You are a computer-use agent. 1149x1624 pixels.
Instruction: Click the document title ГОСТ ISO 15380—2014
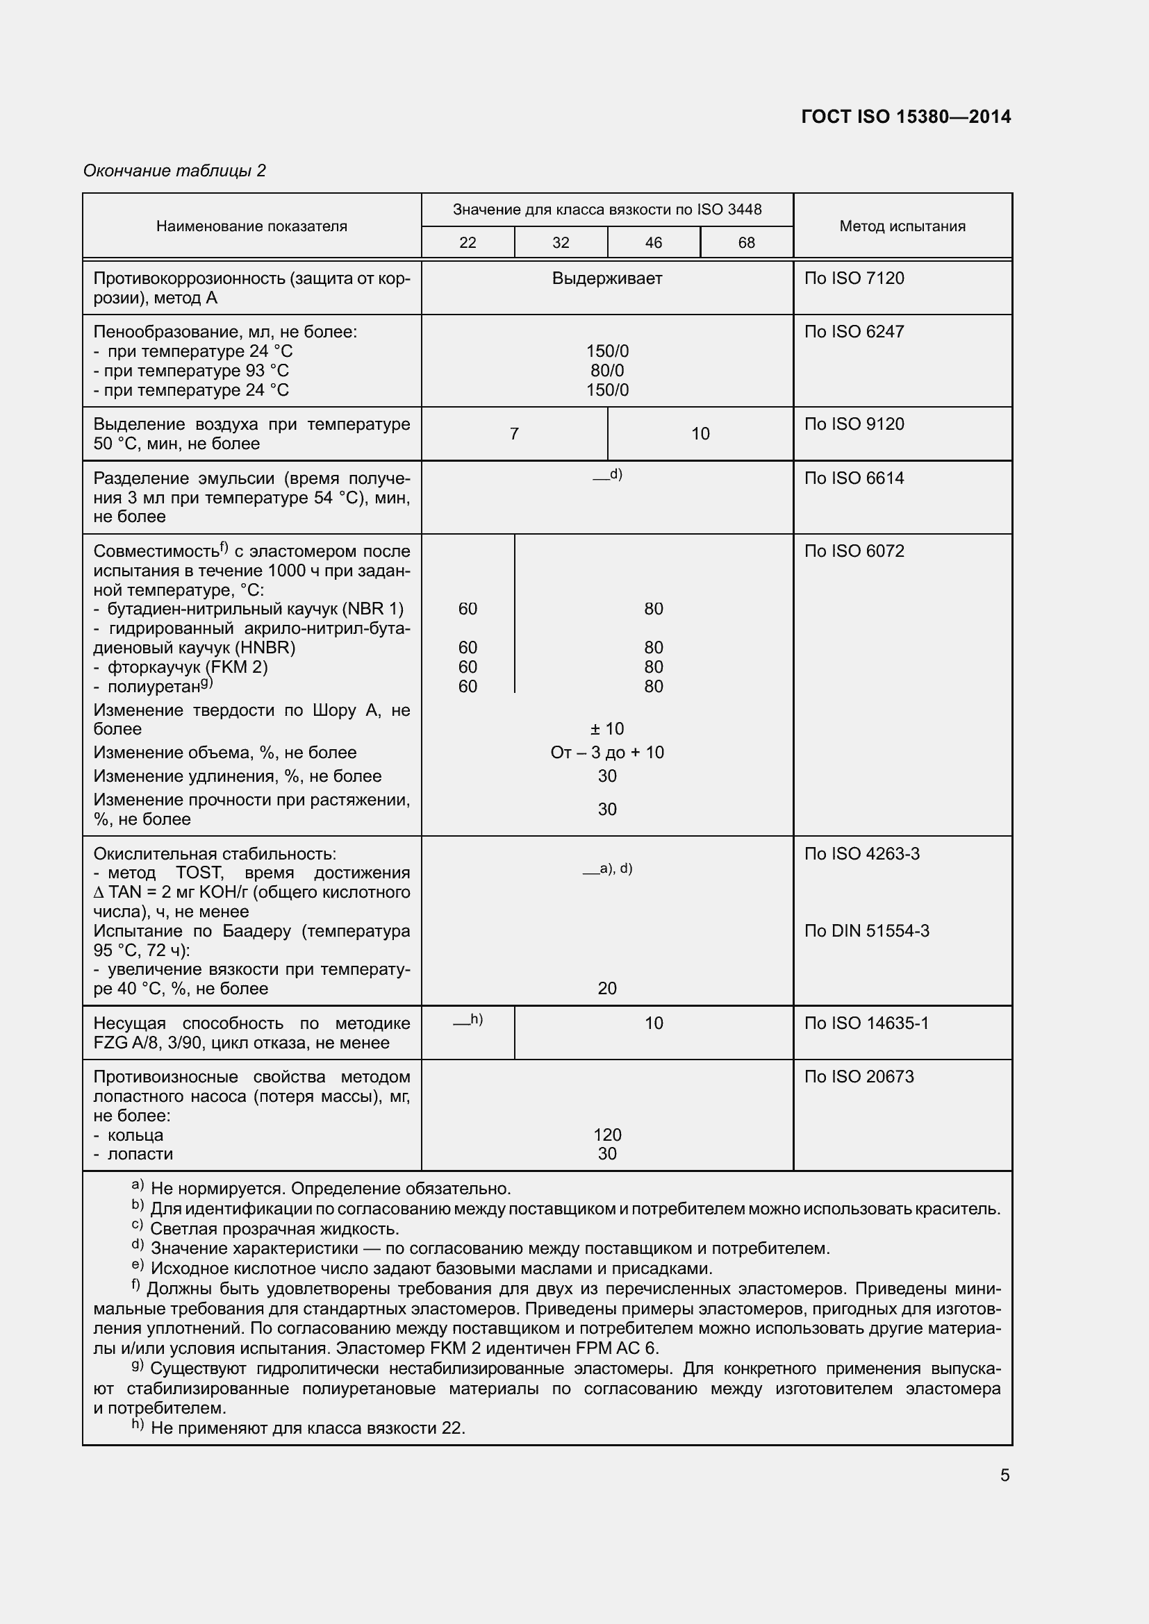point(906,117)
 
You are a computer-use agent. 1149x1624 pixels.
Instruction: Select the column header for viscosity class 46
point(653,242)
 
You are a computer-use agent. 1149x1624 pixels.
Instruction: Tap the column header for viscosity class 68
point(745,242)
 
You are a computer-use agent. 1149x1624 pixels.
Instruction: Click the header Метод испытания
point(902,226)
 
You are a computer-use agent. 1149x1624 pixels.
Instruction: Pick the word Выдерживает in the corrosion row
point(607,278)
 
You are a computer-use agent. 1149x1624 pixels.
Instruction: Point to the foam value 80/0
point(607,371)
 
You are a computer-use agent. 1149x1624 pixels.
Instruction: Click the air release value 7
point(514,433)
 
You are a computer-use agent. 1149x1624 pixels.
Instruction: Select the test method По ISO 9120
point(854,424)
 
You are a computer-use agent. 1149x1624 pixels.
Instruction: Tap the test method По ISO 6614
point(854,478)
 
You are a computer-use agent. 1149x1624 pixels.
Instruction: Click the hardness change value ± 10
point(607,728)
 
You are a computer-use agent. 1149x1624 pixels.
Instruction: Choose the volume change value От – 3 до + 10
point(607,753)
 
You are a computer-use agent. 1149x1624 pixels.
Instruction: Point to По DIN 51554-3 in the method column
point(867,931)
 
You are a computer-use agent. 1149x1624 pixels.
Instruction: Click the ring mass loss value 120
point(607,1135)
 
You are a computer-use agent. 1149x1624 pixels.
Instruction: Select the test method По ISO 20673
point(859,1077)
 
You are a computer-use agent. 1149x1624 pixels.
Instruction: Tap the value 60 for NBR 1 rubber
point(468,608)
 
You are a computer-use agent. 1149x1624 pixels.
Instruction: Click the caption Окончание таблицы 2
point(175,171)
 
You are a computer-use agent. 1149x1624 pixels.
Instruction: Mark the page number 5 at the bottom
point(1005,1475)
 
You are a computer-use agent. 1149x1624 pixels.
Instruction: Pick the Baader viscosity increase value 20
point(607,988)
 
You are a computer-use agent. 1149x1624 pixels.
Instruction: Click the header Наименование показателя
point(251,226)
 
